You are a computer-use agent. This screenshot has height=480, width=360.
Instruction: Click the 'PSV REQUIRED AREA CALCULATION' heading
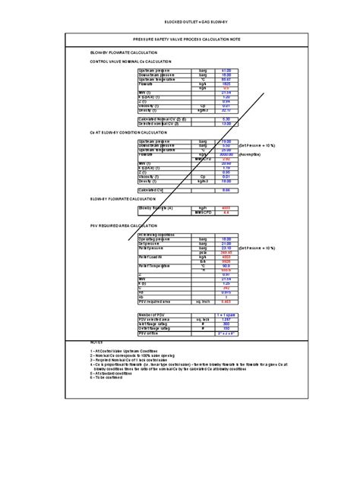(x=121, y=225)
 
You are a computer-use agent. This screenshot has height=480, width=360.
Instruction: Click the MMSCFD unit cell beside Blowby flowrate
(x=201, y=212)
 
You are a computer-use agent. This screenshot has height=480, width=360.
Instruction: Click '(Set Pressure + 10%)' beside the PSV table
(x=261, y=248)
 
